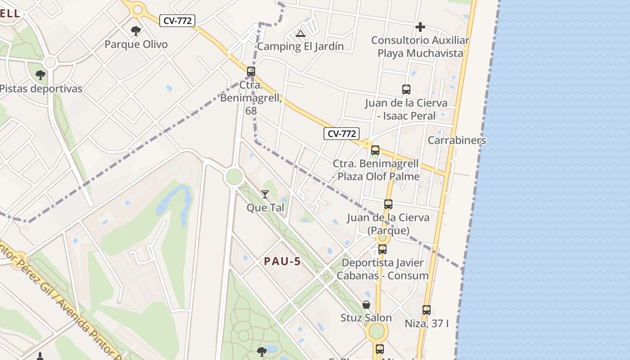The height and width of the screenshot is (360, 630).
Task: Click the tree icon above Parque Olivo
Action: click(x=135, y=31)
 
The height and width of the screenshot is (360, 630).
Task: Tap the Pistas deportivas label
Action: click(x=41, y=89)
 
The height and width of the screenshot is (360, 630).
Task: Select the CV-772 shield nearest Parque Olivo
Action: click(x=177, y=21)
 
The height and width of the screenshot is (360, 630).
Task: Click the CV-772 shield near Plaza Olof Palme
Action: click(x=342, y=134)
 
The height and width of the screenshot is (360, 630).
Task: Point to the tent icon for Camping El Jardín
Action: click(x=301, y=33)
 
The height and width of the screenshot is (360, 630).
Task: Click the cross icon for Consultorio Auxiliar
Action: click(x=420, y=27)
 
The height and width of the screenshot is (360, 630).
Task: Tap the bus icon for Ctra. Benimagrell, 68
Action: click(x=251, y=71)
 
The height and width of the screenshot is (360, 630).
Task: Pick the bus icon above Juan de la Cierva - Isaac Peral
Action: click(x=406, y=90)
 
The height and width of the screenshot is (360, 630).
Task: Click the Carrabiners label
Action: click(x=457, y=140)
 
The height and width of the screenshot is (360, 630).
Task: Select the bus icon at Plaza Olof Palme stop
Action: click(x=375, y=150)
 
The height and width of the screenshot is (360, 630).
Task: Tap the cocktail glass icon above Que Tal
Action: click(x=265, y=194)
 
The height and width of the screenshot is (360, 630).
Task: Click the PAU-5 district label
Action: click(x=282, y=261)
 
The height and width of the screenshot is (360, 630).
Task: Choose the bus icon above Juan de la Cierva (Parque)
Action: click(x=388, y=204)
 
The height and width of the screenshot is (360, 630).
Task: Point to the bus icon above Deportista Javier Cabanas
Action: click(x=382, y=249)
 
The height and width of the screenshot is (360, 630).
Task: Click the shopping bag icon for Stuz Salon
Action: click(x=366, y=305)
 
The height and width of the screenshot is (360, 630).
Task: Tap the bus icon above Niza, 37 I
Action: click(x=427, y=310)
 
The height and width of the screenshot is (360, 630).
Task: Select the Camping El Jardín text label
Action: click(x=300, y=46)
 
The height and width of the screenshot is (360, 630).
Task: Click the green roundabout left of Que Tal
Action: click(x=234, y=177)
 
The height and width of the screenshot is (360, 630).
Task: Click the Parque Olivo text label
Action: click(x=136, y=45)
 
